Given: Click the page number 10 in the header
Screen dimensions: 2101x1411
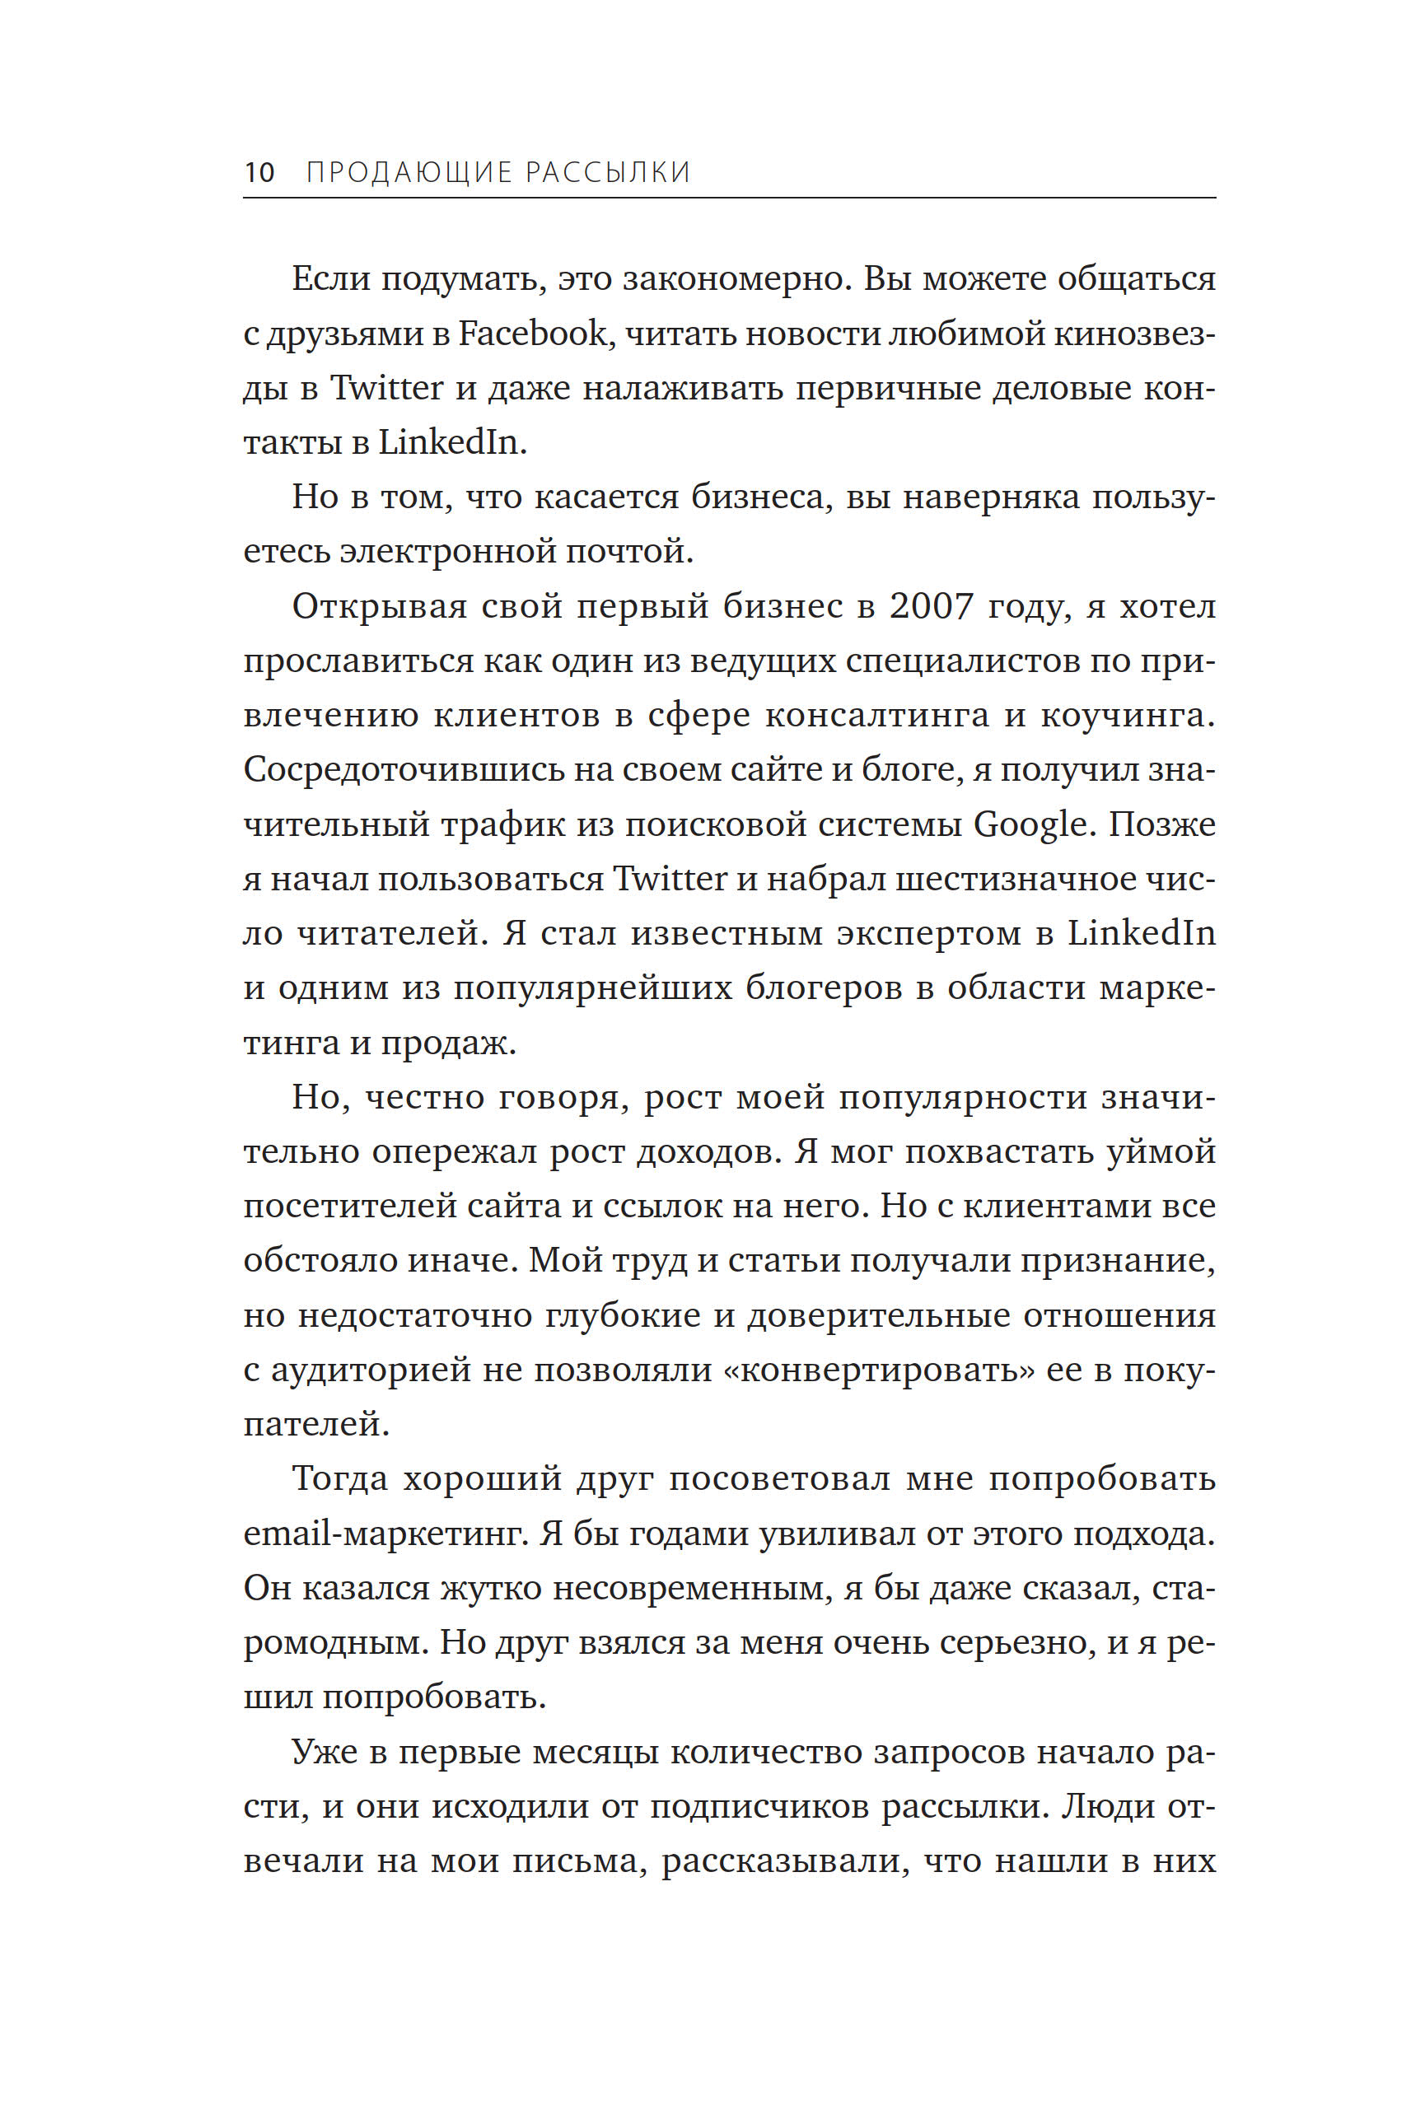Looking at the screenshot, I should pyautogui.click(x=259, y=171).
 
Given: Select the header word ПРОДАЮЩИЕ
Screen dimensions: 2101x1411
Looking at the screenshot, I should pyautogui.click(x=409, y=172).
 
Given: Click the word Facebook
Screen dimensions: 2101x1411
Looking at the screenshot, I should pyautogui.click(x=533, y=334).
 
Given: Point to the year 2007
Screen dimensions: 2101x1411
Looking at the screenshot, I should pyautogui.click(x=932, y=606).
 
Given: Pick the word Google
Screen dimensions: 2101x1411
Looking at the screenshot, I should pyautogui.click(x=1031, y=824).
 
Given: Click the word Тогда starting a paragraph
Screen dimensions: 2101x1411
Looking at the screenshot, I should pyautogui.click(x=339, y=1478).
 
